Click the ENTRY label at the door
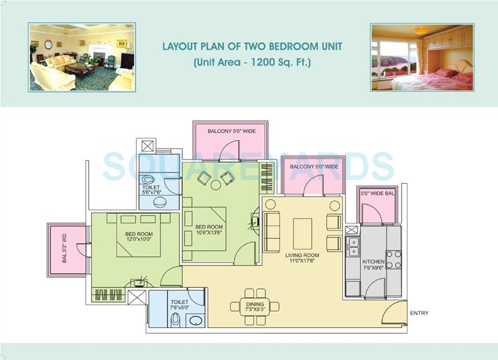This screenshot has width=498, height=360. pos(419,313)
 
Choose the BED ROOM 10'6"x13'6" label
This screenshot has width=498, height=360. pos(209,230)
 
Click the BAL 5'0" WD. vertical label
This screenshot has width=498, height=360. pos(64,250)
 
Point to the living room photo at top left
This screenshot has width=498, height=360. pos(81,57)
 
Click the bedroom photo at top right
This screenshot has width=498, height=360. pos(421,57)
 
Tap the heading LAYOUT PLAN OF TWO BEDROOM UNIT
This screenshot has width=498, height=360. pos(252,47)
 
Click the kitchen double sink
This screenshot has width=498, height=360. pos(352,246)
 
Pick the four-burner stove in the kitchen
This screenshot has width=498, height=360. pos(394,259)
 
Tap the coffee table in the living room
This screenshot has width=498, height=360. pos(302,233)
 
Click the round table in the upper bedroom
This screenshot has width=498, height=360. pos(216,185)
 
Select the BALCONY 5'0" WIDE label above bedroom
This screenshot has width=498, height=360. pos(231,131)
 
